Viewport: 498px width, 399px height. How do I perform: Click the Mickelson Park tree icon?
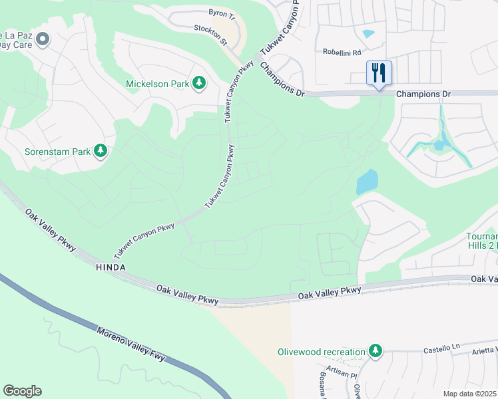[198, 83]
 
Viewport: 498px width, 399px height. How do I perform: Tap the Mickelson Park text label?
[157, 84]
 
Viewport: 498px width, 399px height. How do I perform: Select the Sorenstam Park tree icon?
[101, 151]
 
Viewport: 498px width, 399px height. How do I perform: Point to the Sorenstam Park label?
[57, 152]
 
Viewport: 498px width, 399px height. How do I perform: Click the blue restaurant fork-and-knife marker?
[379, 73]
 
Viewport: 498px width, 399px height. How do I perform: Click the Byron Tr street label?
[222, 13]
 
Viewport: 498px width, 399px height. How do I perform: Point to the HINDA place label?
[111, 267]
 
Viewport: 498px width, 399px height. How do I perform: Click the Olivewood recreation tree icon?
[375, 350]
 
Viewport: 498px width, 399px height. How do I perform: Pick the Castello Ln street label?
[442, 349]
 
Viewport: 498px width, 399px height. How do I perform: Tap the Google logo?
[22, 391]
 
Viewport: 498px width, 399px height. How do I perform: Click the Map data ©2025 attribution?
[470, 394]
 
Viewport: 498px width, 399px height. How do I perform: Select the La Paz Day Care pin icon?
[43, 40]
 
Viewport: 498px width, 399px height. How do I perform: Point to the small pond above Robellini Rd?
[368, 33]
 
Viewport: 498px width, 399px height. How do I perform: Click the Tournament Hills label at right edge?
[482, 241]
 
